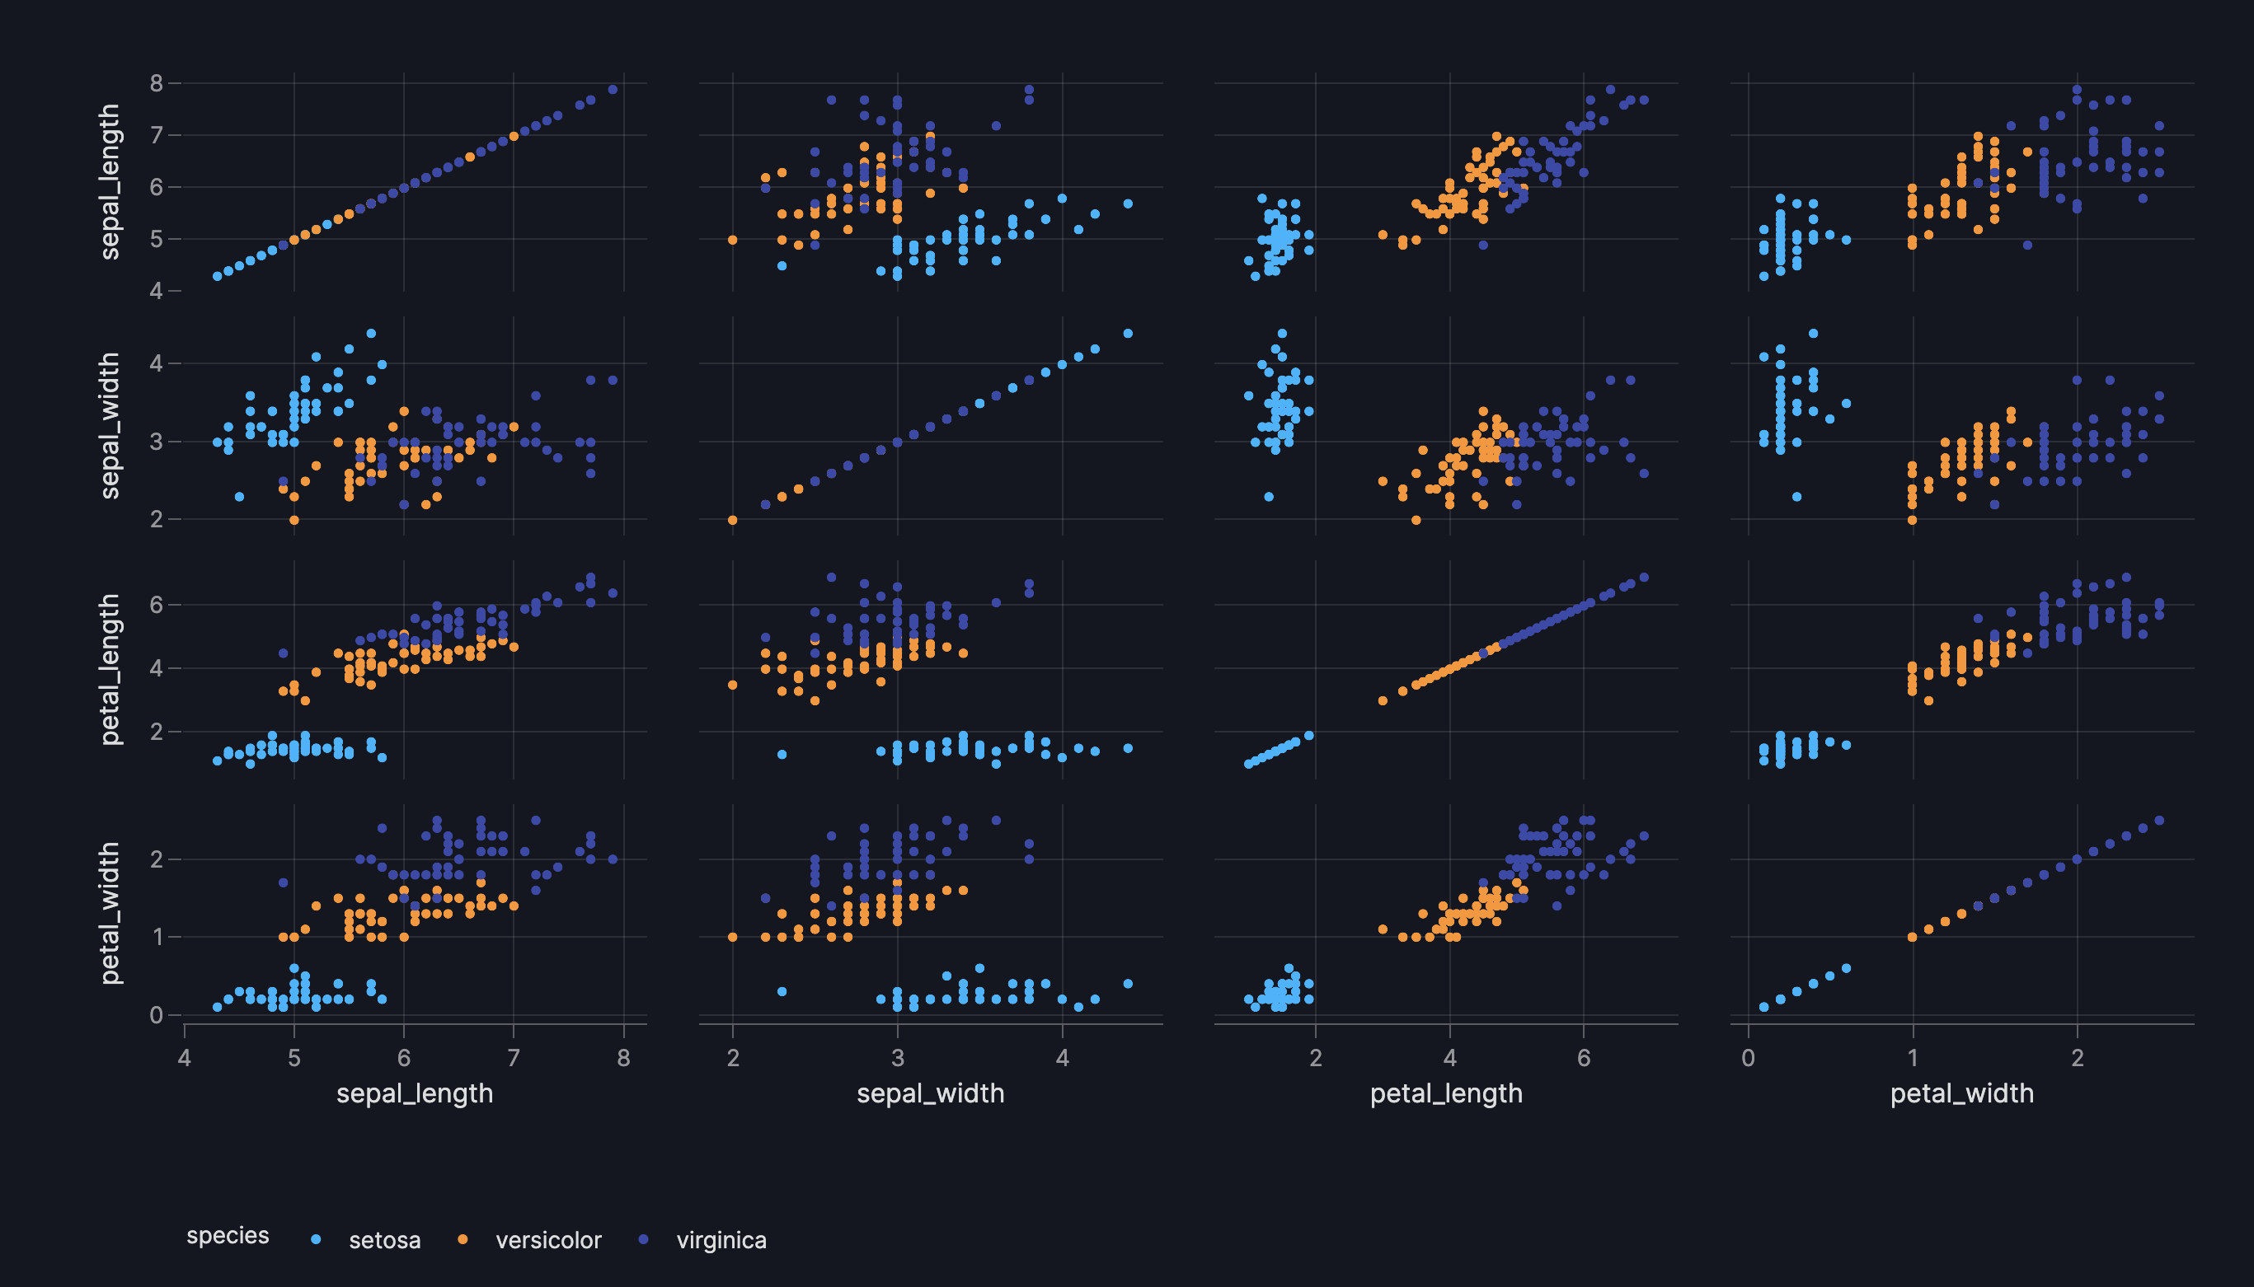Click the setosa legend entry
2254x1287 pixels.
[x=383, y=1240]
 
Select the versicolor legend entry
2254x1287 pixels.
[x=547, y=1240]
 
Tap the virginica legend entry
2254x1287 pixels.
[x=721, y=1240]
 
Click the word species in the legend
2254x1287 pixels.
[x=228, y=1236]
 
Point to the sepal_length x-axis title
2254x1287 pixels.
[x=415, y=1093]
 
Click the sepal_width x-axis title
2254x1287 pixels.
[x=930, y=1093]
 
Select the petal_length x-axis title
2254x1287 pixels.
[x=1446, y=1093]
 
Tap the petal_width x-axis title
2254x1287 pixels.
[x=1961, y=1093]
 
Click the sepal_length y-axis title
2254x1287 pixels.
[x=110, y=181]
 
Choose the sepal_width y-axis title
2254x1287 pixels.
[x=110, y=425]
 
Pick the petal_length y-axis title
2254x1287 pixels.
[x=110, y=669]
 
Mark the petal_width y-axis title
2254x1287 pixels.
[x=110, y=913]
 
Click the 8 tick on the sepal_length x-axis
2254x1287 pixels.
[x=623, y=1058]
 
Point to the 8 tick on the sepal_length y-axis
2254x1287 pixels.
[x=157, y=83]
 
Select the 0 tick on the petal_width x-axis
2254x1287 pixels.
[x=1748, y=1058]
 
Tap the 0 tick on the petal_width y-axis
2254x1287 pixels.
[x=157, y=1015]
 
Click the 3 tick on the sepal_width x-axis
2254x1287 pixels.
[x=898, y=1058]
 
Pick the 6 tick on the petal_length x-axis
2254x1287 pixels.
[x=1584, y=1058]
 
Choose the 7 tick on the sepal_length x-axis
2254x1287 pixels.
[x=514, y=1058]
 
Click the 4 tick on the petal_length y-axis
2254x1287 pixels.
[x=157, y=668]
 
